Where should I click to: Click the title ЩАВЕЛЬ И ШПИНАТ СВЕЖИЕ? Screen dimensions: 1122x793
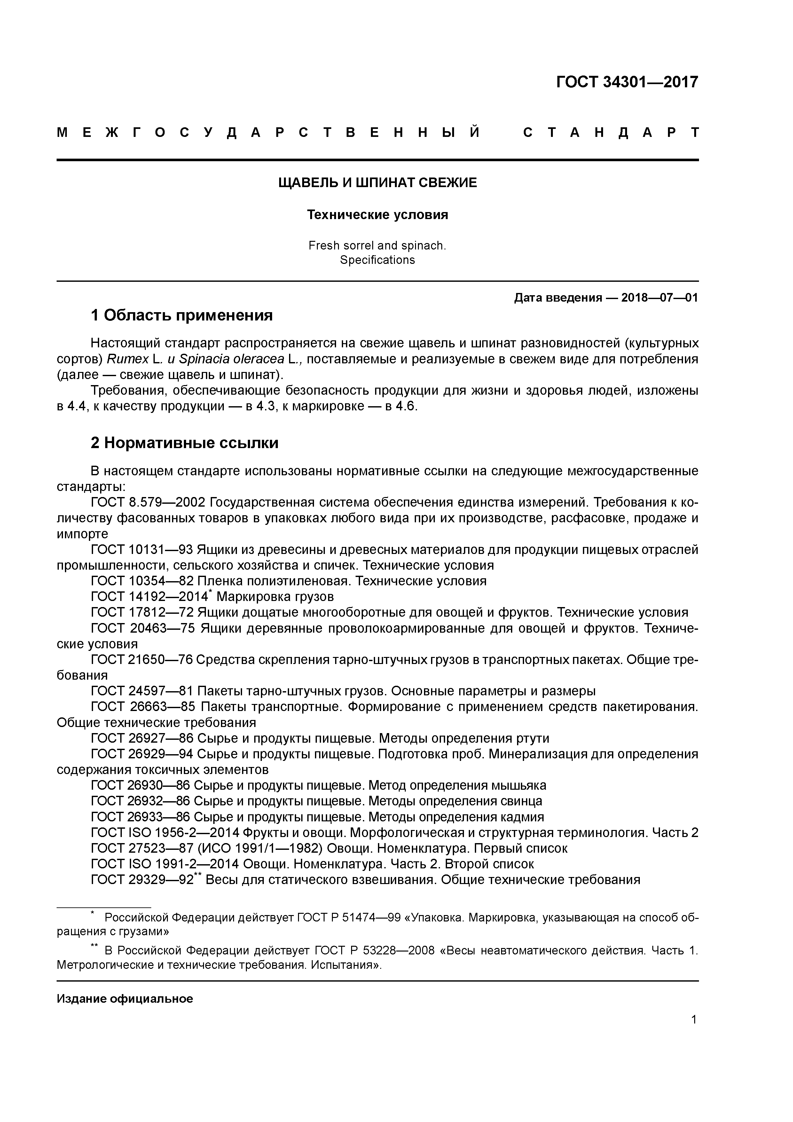[x=377, y=183]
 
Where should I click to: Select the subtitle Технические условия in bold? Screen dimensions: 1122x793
[x=377, y=215]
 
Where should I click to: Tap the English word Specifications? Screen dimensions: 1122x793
[x=377, y=260]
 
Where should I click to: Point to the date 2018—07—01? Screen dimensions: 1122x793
[x=659, y=297]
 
